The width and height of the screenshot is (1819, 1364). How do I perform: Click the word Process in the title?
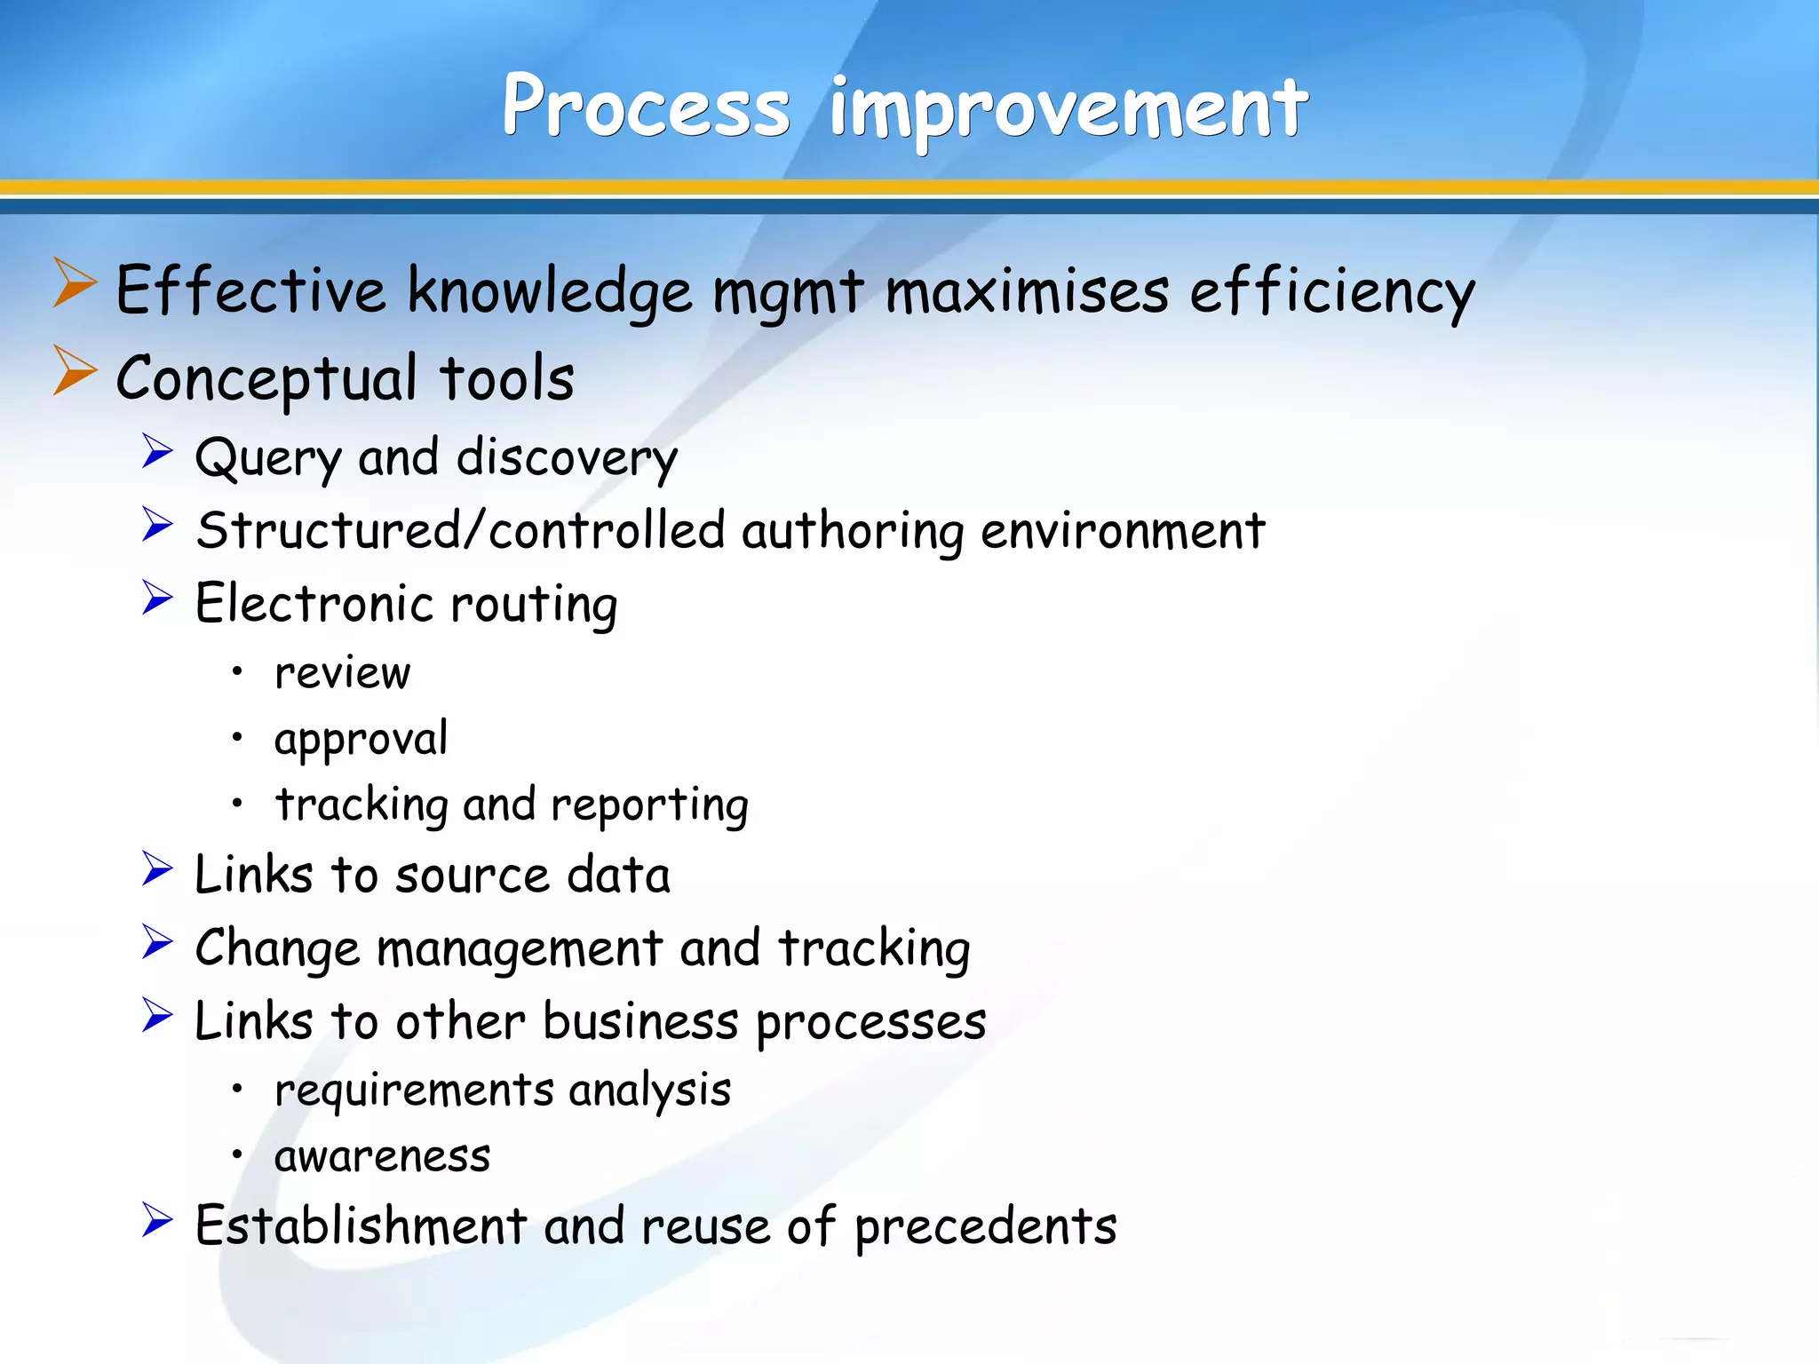(x=646, y=107)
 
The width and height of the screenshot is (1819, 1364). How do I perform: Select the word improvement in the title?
(x=1068, y=108)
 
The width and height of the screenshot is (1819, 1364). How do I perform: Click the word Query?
(x=268, y=459)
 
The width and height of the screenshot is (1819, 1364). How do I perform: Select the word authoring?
(x=852, y=531)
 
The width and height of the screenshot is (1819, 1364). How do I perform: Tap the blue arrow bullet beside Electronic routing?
(x=157, y=598)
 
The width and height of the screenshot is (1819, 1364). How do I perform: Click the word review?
(x=343, y=673)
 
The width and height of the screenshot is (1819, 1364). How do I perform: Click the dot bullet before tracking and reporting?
(x=237, y=803)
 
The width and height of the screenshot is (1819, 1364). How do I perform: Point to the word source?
(x=473, y=876)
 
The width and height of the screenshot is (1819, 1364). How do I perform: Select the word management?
(x=520, y=948)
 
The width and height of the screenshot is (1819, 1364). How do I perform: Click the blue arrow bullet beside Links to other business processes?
(x=157, y=1015)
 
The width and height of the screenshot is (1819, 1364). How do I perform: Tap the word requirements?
(x=415, y=1090)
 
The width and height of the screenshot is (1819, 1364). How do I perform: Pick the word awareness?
(x=382, y=1156)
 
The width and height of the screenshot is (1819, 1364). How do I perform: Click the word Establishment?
(x=361, y=1226)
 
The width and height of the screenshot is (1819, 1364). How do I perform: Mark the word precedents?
(x=985, y=1228)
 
